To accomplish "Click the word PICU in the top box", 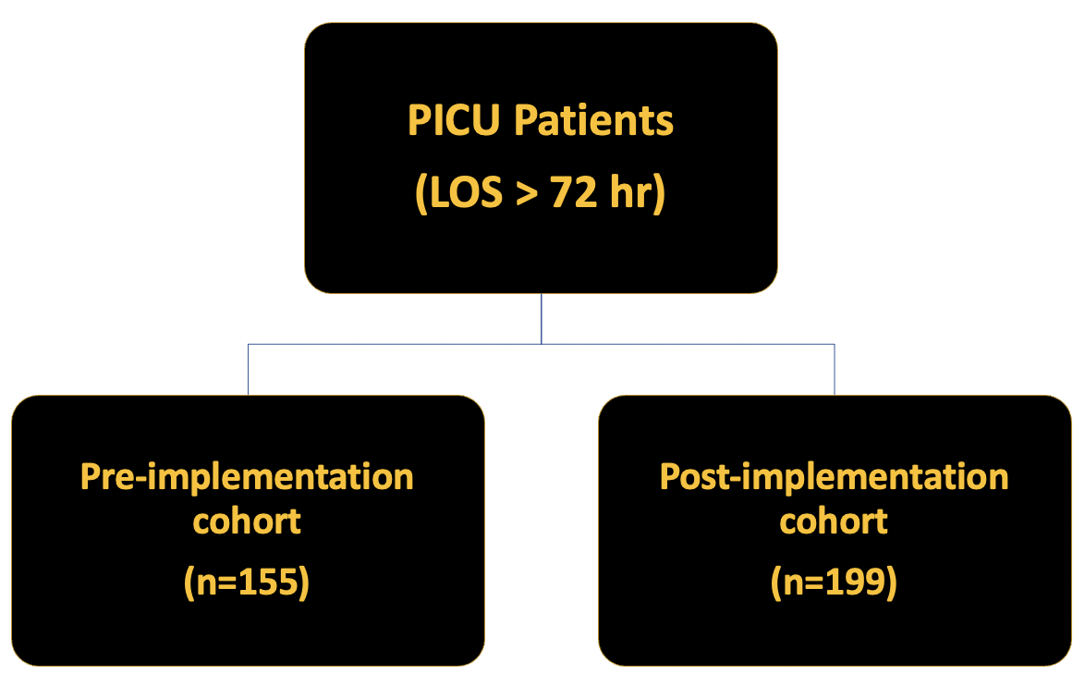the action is pos(453,120).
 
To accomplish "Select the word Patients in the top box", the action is pos(593,120).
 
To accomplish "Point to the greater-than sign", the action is pos(527,194).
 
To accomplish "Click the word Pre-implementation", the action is pos(247,477).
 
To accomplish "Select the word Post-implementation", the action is pos(834,477).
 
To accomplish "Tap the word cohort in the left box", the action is pos(247,521).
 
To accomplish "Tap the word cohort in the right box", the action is pos(834,521).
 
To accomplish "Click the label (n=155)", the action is pos(247,582).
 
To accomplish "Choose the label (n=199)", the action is pos(834,582).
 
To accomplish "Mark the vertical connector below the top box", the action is pos(542,318).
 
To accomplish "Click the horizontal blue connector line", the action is pos(542,344).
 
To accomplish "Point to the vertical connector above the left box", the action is pos(249,370).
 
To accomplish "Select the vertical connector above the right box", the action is pos(835,370).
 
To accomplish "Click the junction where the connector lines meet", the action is pos(542,344).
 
